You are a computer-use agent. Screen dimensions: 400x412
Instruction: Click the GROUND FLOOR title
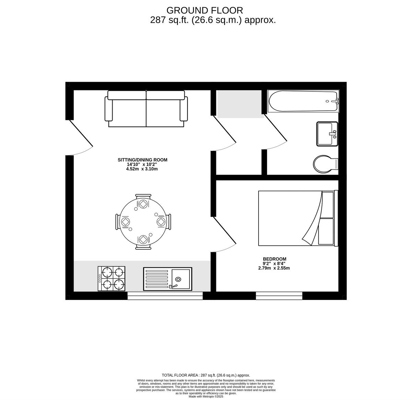coord(205,10)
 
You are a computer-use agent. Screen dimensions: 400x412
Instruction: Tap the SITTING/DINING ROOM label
coord(142,160)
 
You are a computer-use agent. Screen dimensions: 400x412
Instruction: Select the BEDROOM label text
coord(274,259)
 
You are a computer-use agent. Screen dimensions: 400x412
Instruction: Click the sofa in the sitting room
coord(146,109)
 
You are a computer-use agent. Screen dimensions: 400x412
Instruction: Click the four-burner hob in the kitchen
coord(112,279)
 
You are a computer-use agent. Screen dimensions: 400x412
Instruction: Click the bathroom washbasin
coord(327,134)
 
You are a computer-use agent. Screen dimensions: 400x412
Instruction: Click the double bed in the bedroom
coord(297,219)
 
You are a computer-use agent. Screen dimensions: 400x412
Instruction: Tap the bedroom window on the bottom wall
coord(279,296)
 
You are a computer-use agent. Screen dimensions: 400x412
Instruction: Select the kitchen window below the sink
coord(165,296)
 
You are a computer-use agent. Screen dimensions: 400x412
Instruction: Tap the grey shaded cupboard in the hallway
coord(239,103)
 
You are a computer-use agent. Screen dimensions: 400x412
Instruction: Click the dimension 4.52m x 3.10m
coord(142,169)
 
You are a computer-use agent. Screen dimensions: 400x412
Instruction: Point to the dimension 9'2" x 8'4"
coord(274,264)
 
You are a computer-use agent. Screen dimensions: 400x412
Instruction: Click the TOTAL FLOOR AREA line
coord(206,375)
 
